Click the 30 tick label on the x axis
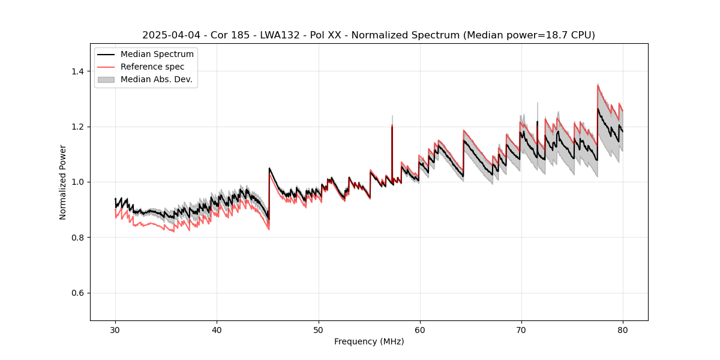pyautogui.click(x=115, y=329)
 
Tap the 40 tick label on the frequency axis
pyautogui.click(x=217, y=329)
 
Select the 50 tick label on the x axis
pyautogui.click(x=318, y=329)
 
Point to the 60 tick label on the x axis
pyautogui.click(x=419, y=329)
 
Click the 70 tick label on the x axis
pyautogui.click(x=521, y=329)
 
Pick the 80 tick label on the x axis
pyautogui.click(x=622, y=329)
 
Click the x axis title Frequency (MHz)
pyautogui.click(x=369, y=341)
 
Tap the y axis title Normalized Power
pyautogui.click(x=63, y=182)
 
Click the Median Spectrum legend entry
pyautogui.click(x=157, y=55)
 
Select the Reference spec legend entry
pyautogui.click(x=152, y=67)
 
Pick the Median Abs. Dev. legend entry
pyautogui.click(x=156, y=79)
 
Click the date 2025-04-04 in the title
pyautogui.click(x=168, y=35)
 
